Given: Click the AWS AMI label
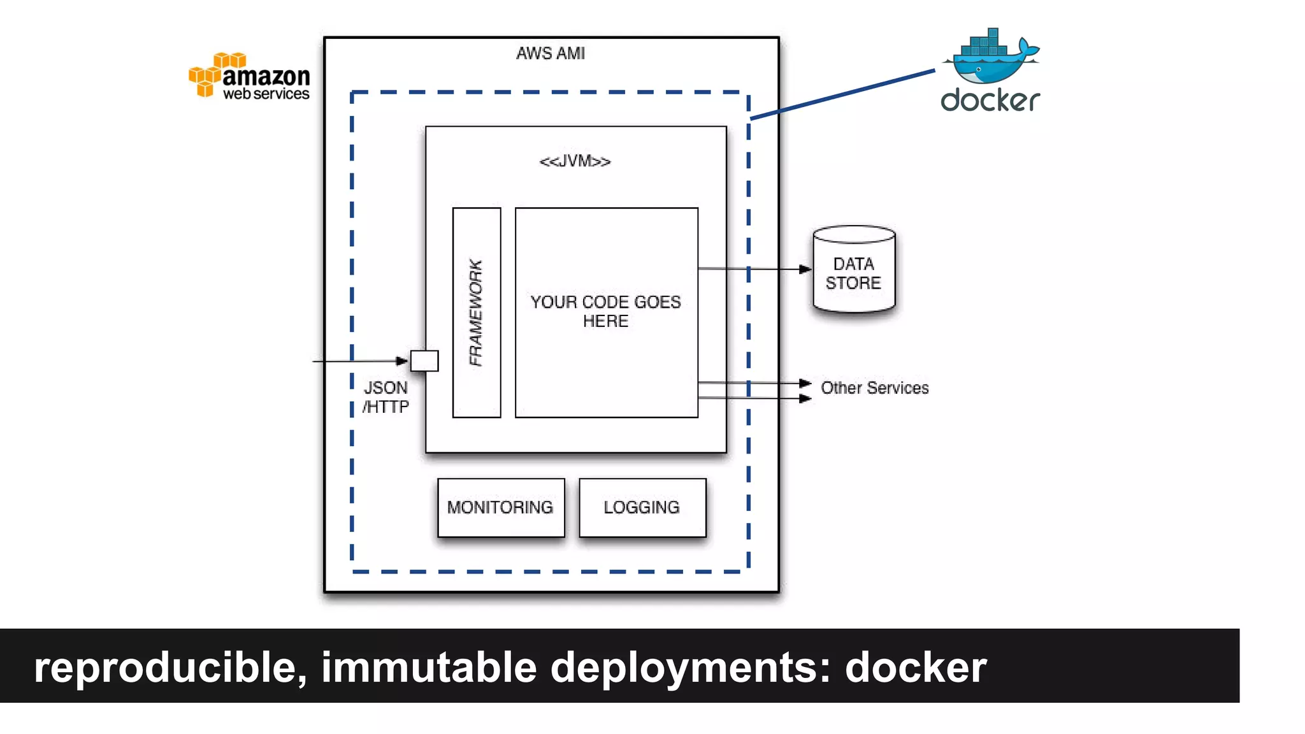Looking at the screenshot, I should click(x=551, y=54).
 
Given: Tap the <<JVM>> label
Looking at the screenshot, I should click(x=575, y=161).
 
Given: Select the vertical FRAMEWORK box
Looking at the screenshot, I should click(x=477, y=312).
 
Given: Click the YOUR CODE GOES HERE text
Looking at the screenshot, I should click(x=605, y=311).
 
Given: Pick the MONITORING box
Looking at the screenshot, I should click(x=501, y=507).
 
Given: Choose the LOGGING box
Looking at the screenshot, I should click(x=642, y=507).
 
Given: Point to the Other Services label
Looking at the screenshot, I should click(x=874, y=387).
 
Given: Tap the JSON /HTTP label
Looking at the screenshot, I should click(x=386, y=397).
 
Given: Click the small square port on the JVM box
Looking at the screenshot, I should click(x=424, y=361).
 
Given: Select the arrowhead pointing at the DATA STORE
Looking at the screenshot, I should click(x=805, y=269).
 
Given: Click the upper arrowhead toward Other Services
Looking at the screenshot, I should click(x=805, y=383).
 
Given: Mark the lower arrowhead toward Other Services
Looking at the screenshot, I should click(x=805, y=398).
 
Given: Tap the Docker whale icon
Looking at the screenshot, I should click(x=990, y=59).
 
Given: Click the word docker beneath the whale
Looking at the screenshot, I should click(x=990, y=101).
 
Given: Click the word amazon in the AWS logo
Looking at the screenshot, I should click(x=266, y=76).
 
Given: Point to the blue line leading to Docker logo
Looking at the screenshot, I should click(x=841, y=95).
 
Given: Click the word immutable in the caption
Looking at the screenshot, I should click(x=428, y=667).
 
